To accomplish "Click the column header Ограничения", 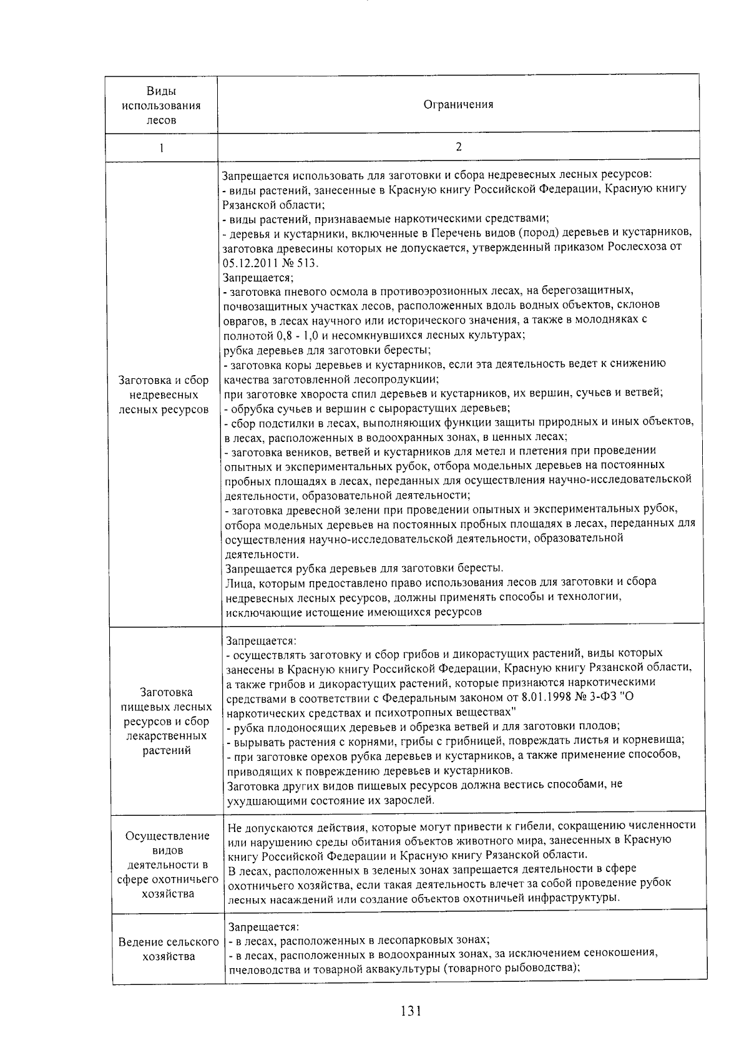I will [x=458, y=105].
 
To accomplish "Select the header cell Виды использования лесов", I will [x=162, y=105].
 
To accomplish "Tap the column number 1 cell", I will [x=162, y=148].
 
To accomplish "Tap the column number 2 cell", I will [x=459, y=147].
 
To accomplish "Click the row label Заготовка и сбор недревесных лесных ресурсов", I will [x=164, y=394].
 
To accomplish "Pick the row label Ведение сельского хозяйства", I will [x=169, y=949].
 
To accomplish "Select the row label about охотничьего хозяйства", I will [x=168, y=865].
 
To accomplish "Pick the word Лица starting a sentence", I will [x=238, y=582].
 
